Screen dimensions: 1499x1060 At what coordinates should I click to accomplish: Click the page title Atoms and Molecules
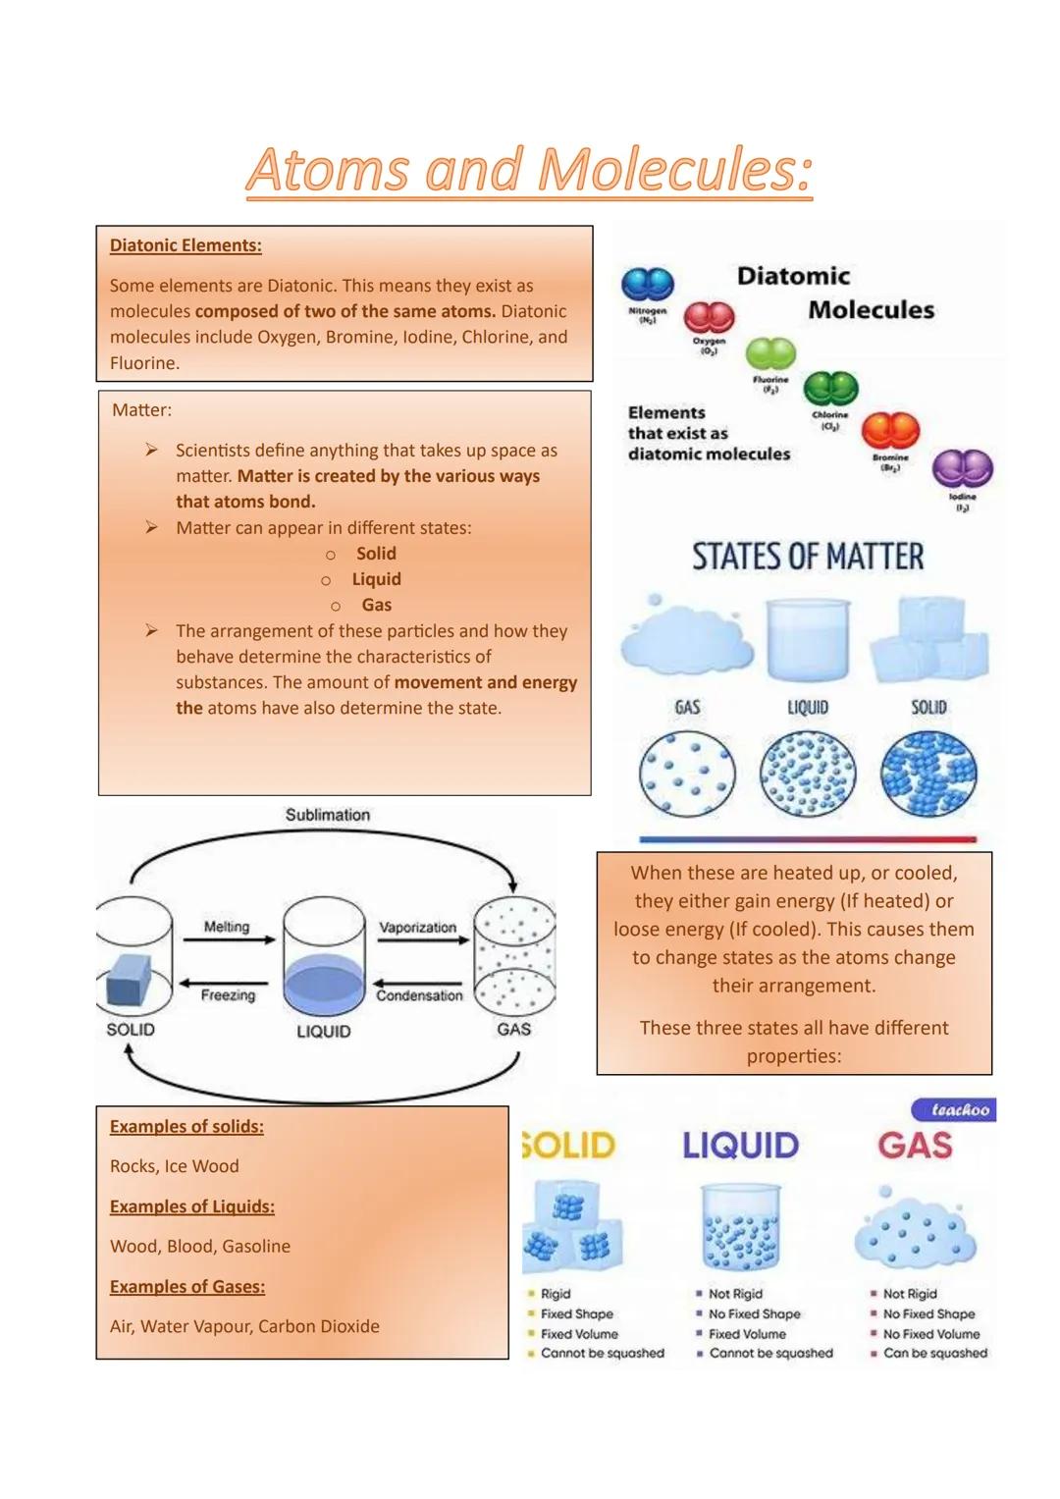pos(529,169)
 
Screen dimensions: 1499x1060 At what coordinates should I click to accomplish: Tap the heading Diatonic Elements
pos(185,245)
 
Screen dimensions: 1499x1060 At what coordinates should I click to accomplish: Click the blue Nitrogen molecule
pos(648,285)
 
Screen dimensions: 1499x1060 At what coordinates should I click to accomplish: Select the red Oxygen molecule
pos(709,318)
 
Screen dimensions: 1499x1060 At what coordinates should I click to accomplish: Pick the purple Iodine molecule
pos(962,469)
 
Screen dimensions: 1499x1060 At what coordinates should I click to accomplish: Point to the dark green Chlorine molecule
pos(830,390)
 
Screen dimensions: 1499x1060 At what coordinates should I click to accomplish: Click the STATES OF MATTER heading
pos(808,557)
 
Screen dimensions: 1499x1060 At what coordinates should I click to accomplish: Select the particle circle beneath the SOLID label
pos(928,775)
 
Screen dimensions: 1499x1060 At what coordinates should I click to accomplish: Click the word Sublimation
pos(328,815)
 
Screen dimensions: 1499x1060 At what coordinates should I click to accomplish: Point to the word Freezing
pos(228,995)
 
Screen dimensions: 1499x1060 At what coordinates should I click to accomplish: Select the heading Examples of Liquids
pos(191,1206)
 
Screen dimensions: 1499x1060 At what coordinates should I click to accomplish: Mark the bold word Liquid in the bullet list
pos(376,579)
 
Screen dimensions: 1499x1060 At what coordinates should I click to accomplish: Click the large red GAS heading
pos(915,1146)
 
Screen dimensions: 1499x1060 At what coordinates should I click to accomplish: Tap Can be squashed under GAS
pos(934,1353)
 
